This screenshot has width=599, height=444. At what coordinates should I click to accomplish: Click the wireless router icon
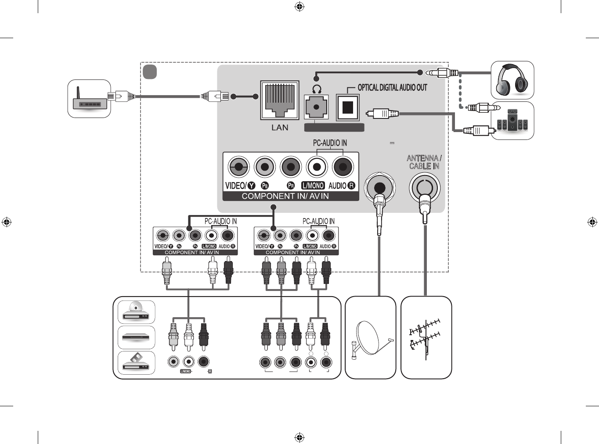[x=89, y=99]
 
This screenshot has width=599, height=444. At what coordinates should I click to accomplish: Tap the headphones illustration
[x=512, y=80]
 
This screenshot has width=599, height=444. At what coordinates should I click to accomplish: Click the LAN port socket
[x=280, y=100]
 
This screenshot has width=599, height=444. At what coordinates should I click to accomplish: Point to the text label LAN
[x=280, y=128]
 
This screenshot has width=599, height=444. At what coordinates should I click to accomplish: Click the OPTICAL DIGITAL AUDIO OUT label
[x=392, y=88]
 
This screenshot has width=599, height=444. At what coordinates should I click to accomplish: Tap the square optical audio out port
[x=347, y=107]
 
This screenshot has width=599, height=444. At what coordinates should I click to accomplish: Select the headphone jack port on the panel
[x=316, y=107]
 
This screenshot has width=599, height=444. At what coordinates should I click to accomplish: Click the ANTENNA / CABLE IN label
[x=424, y=162]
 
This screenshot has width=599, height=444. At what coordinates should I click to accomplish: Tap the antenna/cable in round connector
[x=424, y=187]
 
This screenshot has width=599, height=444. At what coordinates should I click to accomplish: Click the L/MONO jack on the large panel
[x=317, y=167]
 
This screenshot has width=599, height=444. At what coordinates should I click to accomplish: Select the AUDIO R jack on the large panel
[x=343, y=167]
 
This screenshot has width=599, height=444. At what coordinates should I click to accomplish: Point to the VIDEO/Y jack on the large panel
[x=238, y=167]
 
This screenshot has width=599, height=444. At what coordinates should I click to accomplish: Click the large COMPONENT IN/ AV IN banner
[x=285, y=196]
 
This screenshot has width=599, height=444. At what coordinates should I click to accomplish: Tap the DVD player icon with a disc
[x=137, y=312]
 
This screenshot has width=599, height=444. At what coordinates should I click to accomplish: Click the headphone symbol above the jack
[x=316, y=90]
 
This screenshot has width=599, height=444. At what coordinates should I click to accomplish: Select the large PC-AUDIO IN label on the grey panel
[x=330, y=143]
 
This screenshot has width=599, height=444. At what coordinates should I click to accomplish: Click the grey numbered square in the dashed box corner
[x=150, y=72]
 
